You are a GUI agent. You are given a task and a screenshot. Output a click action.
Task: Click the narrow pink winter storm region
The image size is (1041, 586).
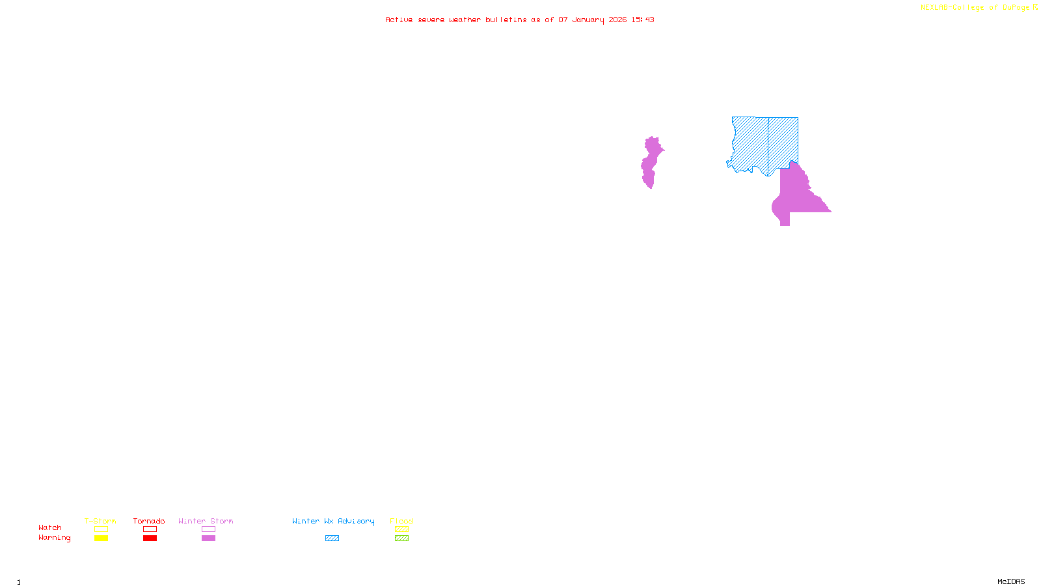coord(650,163)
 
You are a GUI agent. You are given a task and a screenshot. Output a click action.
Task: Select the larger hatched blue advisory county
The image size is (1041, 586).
coord(750,143)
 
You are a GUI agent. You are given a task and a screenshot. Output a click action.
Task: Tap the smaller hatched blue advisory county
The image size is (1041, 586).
coord(783,140)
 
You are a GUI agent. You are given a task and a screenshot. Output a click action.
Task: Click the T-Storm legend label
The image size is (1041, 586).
coord(100,521)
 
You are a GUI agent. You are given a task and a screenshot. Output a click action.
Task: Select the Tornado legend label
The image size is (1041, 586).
coord(149,521)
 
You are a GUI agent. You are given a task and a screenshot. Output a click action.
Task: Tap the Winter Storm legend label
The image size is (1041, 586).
coord(206,521)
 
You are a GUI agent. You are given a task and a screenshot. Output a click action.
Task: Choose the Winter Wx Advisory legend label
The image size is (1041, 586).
coord(333,521)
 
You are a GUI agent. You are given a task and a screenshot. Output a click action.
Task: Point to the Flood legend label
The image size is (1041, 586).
coord(401,521)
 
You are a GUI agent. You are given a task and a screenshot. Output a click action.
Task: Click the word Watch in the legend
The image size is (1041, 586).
coord(50,527)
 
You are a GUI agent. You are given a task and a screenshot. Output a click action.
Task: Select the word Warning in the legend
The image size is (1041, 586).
coord(54,538)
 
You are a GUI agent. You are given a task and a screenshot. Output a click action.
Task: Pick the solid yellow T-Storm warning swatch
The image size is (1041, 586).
coord(101,538)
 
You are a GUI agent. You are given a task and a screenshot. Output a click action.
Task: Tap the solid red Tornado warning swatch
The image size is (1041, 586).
coord(150,538)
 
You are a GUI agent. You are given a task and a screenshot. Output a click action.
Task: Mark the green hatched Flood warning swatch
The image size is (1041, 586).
coord(401,538)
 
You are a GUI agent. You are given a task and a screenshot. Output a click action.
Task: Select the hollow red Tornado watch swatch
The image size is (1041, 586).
coord(150,529)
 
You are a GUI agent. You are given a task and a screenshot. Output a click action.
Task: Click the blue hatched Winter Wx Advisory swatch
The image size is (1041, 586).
coord(332,538)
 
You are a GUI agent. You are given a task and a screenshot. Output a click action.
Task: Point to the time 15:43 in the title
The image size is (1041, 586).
coord(643,20)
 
